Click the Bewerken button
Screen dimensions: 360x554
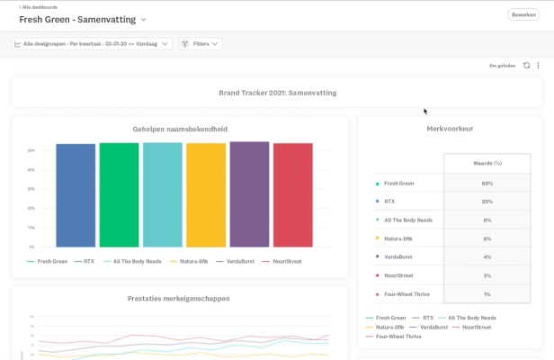click(x=523, y=15)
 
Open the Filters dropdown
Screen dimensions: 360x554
click(x=200, y=43)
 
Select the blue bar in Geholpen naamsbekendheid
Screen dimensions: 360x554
click(x=76, y=194)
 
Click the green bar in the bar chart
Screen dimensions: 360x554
click(x=119, y=194)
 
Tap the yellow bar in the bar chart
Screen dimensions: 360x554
click(x=206, y=194)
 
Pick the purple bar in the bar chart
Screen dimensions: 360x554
click(x=249, y=193)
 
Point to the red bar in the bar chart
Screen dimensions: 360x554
click(x=293, y=194)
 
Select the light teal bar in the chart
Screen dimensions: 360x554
click(x=163, y=194)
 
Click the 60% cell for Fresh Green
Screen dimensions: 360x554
click(x=487, y=184)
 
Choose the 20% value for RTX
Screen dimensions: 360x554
click(x=487, y=202)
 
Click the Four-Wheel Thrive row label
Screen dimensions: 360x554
click(x=406, y=294)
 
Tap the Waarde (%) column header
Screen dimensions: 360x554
click(x=487, y=163)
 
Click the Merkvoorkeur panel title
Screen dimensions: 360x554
click(x=450, y=129)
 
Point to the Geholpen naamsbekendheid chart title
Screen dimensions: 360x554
click(x=180, y=129)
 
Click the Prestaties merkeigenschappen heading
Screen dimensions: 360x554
click(x=180, y=298)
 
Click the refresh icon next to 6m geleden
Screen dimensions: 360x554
click(x=527, y=66)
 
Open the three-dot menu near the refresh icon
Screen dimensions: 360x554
click(x=539, y=66)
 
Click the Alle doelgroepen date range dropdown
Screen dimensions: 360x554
click(x=92, y=43)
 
